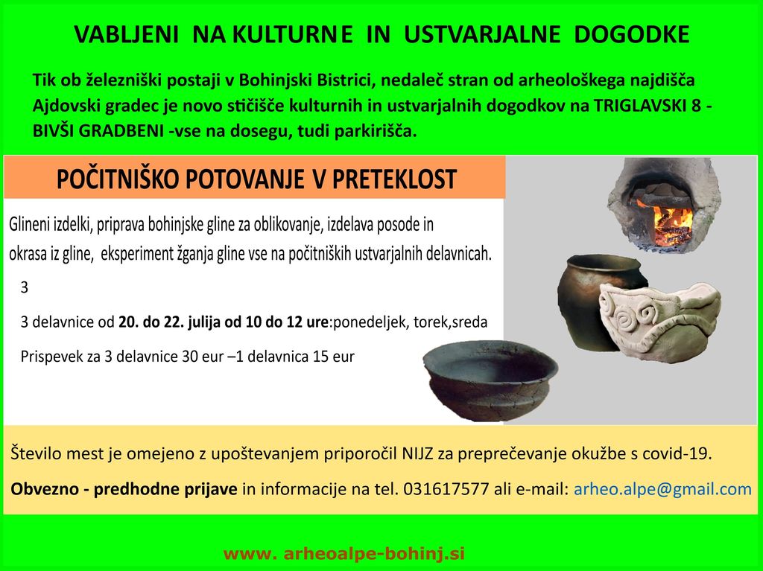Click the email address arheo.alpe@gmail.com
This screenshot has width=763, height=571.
[x=662, y=489]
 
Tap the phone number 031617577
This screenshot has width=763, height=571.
[x=446, y=488]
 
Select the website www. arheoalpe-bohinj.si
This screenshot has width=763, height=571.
[x=344, y=553]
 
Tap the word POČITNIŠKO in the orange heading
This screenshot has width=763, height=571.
[x=117, y=179]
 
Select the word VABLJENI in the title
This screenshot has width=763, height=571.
[x=127, y=34]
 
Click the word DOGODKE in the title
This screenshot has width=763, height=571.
[x=632, y=34]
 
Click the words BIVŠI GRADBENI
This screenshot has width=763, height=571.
[x=98, y=131]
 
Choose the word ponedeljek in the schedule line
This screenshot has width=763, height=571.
[x=370, y=322]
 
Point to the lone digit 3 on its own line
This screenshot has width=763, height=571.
[x=25, y=287]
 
